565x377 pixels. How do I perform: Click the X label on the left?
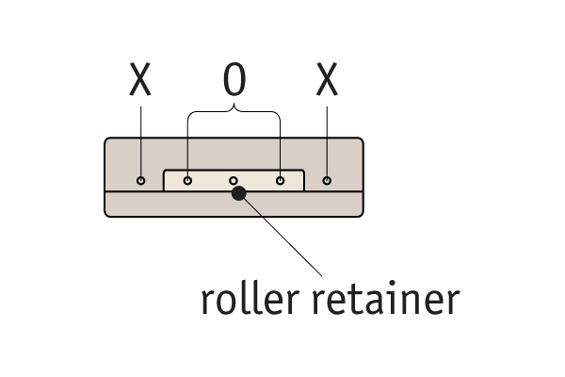pos(140,83)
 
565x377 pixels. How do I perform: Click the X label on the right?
pos(327,83)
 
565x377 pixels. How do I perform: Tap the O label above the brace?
pos(234,83)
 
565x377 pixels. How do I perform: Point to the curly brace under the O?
pos(234,114)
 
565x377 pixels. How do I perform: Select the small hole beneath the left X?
pos(141,180)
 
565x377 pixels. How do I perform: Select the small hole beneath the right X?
pos(327,180)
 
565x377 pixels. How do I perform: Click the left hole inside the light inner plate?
pos(187,180)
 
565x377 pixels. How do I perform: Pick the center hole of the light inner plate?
pos(234,180)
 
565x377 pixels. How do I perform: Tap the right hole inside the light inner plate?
pos(280,180)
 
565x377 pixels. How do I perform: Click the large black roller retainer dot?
pos(238,193)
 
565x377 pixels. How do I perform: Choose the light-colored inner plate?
pos(212,180)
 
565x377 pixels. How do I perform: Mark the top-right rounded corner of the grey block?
pos(361,141)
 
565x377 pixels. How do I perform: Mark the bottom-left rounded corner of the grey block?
pos(106,214)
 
